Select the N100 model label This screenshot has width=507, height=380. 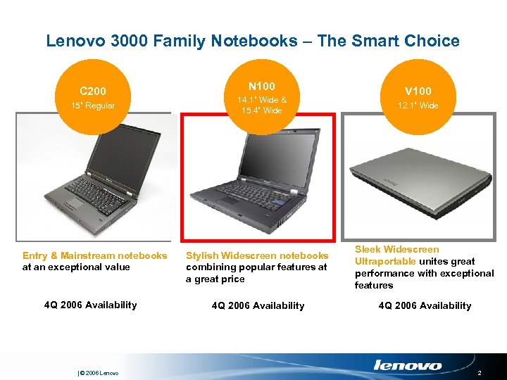[x=261, y=86]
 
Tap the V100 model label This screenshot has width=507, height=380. [x=418, y=91]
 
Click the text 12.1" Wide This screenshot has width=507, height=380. [x=418, y=106]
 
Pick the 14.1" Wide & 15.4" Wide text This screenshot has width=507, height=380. [x=261, y=105]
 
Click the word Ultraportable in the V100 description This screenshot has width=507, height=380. [x=385, y=261]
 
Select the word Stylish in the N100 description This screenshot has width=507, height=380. [x=203, y=255]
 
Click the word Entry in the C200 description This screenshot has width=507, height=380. [x=35, y=255]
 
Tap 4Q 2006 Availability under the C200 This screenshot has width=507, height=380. [x=90, y=305]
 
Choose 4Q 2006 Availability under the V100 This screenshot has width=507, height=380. [x=425, y=305]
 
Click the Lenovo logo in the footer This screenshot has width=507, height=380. [x=407, y=365]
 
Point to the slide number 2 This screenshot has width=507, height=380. [x=480, y=372]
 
